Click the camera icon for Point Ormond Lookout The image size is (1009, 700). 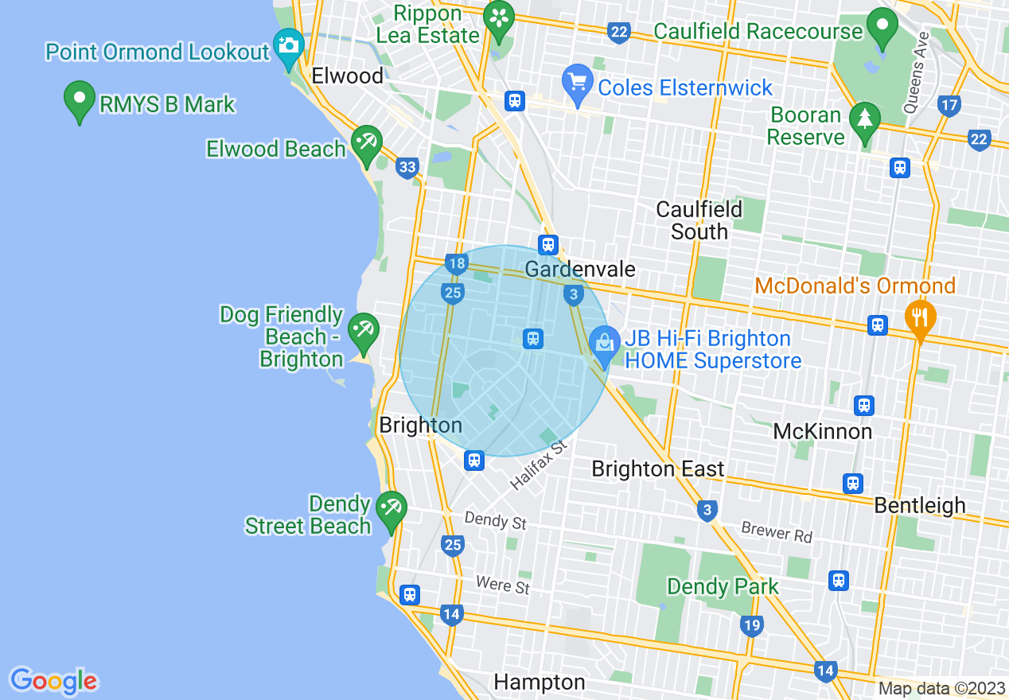288,45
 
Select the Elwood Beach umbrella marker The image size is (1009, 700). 367,144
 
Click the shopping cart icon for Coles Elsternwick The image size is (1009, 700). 577,83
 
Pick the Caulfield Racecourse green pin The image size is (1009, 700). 882,26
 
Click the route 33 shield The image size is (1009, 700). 407,167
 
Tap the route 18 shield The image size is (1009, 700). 456,264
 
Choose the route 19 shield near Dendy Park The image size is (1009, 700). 751,626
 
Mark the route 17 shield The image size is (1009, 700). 949,104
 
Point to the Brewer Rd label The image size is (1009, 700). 777,532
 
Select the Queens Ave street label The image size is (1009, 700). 915,72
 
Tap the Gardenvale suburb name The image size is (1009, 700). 580,270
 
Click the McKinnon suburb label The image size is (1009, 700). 823,432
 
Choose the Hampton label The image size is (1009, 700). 540,682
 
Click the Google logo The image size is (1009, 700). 53,681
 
